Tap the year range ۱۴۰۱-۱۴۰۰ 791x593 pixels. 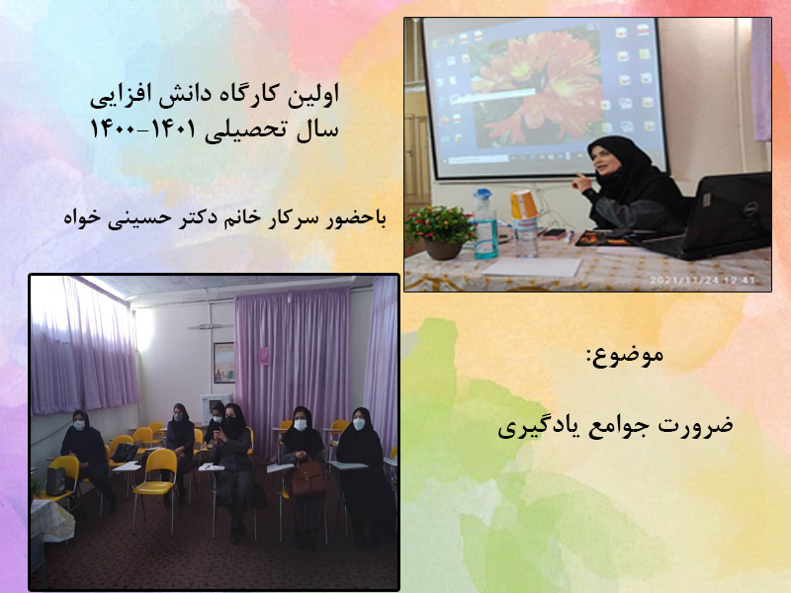pos(142,129)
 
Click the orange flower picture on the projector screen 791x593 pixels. pos(536,86)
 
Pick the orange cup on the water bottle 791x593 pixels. pos(524,205)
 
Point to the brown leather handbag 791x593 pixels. pos(308,477)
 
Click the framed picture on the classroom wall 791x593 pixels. pos(224,362)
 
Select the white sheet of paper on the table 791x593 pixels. pos(532,267)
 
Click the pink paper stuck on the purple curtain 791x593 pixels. pos(264,356)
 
